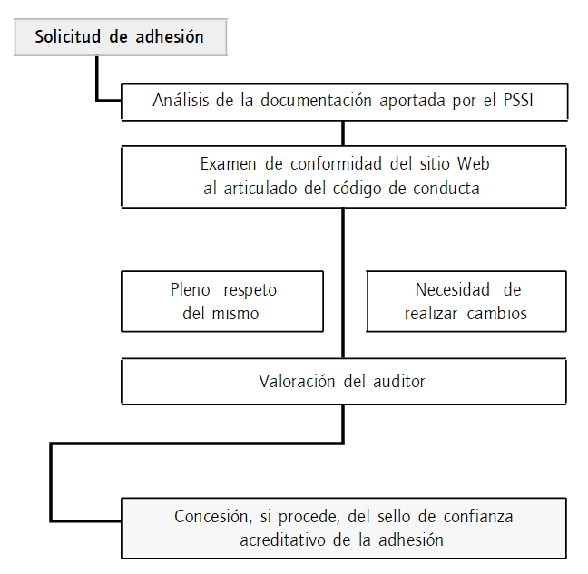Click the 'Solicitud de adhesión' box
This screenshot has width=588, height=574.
pyautogui.click(x=119, y=37)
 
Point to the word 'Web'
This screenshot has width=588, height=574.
pyautogui.click(x=473, y=164)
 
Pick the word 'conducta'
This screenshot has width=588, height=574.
pyautogui.click(x=447, y=189)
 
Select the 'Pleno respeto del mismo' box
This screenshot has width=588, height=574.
pyautogui.click(x=223, y=302)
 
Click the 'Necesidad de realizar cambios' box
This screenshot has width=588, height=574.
pyautogui.click(x=466, y=302)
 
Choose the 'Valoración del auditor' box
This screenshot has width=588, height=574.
pyautogui.click(x=344, y=382)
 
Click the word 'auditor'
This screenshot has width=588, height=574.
pyautogui.click(x=397, y=382)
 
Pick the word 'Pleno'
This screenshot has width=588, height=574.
pyautogui.click(x=190, y=290)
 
